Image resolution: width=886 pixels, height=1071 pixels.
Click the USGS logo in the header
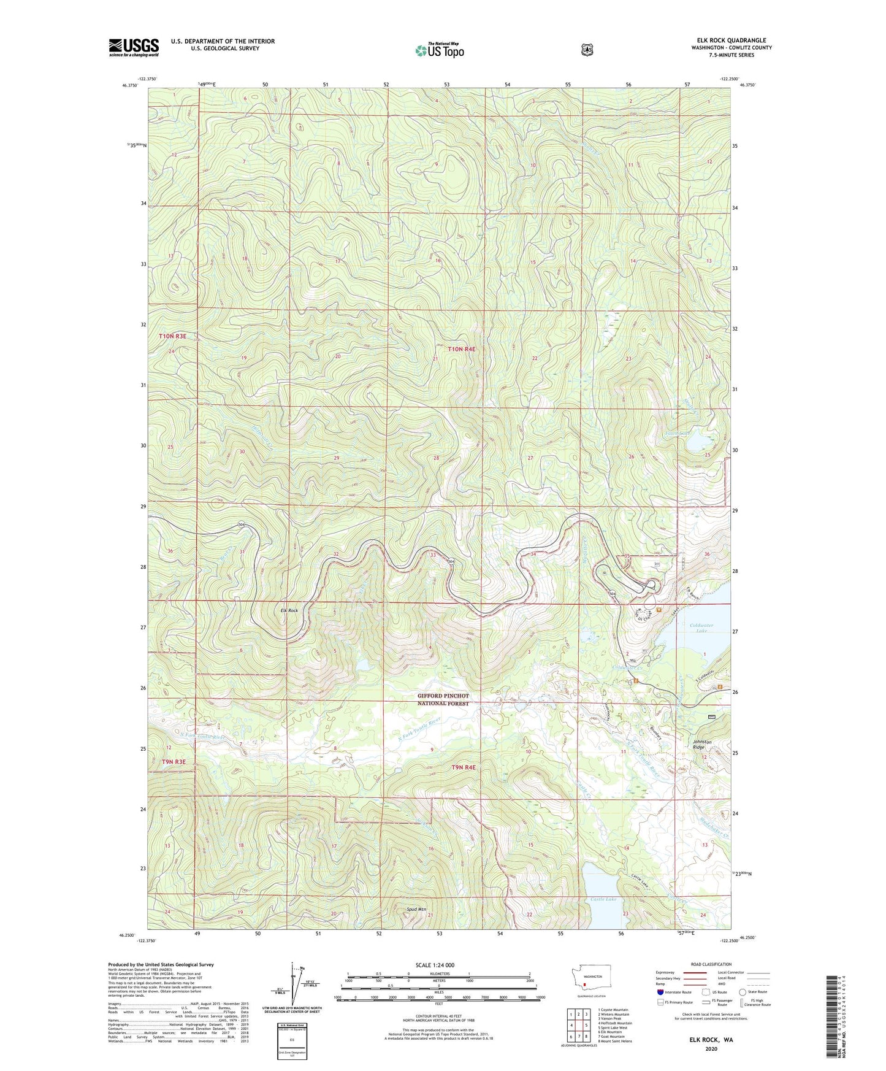[134, 47]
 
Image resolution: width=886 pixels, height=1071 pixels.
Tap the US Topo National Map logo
[439, 50]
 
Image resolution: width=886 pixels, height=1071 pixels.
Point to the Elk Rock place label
[289, 611]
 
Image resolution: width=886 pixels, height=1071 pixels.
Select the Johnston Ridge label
[703, 745]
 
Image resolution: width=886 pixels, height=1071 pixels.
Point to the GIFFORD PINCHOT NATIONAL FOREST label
[443, 700]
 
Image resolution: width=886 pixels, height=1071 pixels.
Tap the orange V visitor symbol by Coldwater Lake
[659, 610]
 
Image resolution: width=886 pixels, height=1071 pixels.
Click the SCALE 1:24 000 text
[435, 965]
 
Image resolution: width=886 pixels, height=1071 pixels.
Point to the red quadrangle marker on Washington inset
[585, 987]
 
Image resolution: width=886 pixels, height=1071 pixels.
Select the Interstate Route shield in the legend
[660, 991]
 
